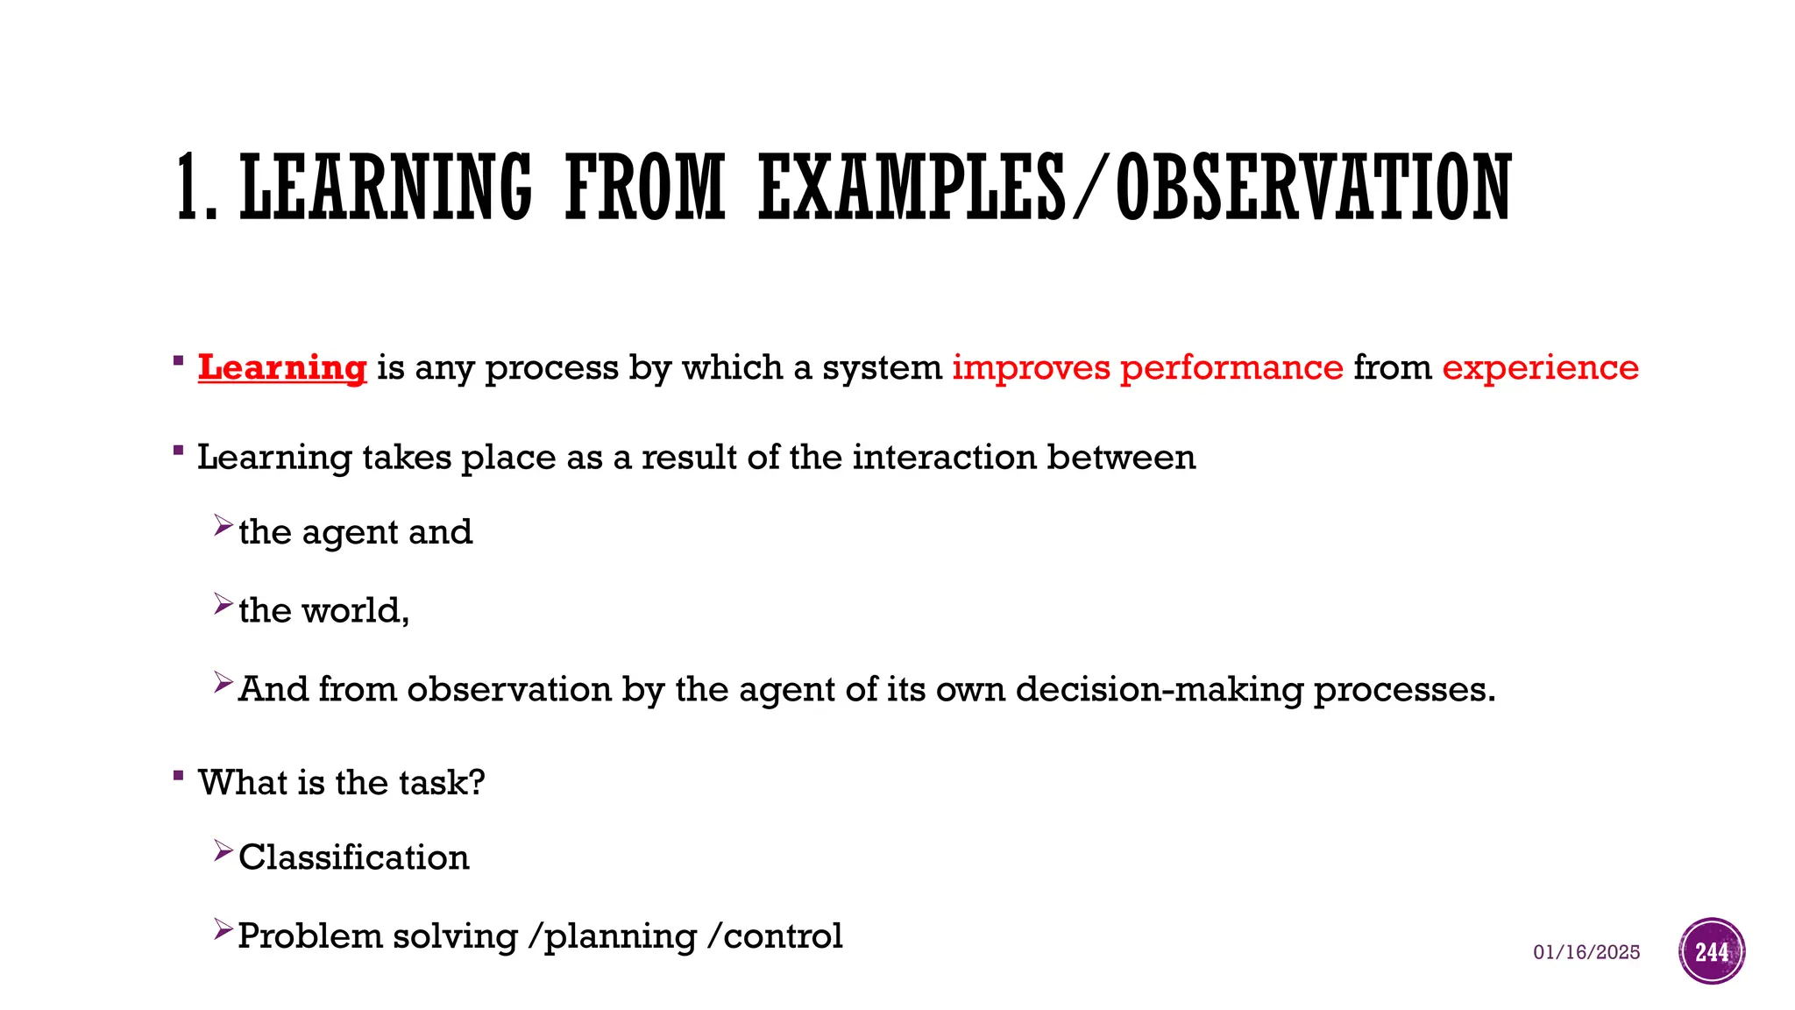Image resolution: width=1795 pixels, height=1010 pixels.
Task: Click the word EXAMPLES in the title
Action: point(912,187)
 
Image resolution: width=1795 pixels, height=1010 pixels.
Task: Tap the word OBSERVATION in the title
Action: point(1314,187)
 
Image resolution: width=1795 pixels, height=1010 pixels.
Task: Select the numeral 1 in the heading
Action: point(187,187)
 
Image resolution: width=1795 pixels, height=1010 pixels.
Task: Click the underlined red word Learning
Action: point(281,367)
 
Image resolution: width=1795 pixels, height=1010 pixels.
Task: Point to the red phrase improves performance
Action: point(1147,367)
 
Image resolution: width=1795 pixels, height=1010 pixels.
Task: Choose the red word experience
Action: point(1540,367)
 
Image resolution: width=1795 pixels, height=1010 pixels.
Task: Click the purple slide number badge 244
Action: point(1712,951)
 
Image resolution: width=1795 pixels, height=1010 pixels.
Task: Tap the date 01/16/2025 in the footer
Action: point(1586,952)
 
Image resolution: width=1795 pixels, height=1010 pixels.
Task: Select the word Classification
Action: point(353,857)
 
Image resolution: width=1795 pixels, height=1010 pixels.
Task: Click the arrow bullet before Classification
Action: point(223,850)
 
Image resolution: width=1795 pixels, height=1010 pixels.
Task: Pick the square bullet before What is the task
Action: point(179,775)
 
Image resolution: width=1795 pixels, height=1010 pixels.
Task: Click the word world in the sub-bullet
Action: point(350,610)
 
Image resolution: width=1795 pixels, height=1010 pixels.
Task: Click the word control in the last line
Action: point(783,936)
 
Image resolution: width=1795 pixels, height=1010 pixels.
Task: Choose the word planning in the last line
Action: point(620,936)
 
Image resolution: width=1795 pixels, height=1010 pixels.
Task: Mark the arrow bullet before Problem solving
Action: point(223,929)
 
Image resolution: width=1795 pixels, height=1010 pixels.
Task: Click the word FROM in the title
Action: point(644,187)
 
